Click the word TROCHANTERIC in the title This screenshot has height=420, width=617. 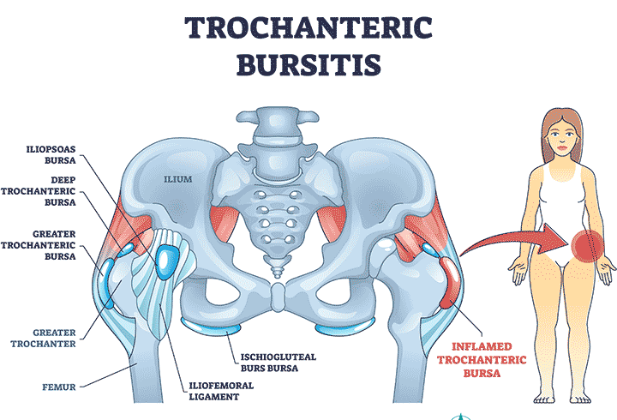(308, 28)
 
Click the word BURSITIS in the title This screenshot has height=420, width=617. (308, 65)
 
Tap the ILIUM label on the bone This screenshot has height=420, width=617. (178, 179)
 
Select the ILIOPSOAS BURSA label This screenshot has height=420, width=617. (51, 154)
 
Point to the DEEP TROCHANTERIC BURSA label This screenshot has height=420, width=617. (39, 191)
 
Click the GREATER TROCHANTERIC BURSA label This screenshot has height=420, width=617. (39, 245)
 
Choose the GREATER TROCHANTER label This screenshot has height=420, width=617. (43, 338)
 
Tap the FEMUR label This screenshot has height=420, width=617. (59, 387)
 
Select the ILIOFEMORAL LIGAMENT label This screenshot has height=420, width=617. (221, 391)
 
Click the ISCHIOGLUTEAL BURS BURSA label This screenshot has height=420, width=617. (279, 363)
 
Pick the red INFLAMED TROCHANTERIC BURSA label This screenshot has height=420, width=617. (482, 360)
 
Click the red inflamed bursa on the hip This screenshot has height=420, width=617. (450, 282)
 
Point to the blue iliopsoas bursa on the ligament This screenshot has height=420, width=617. (166, 261)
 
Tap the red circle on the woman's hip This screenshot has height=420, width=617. (588, 246)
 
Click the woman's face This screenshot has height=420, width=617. (562, 138)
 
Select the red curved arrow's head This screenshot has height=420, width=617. (554, 238)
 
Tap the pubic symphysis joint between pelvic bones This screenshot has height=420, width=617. (279, 297)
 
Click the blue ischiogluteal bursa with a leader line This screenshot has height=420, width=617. (211, 327)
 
